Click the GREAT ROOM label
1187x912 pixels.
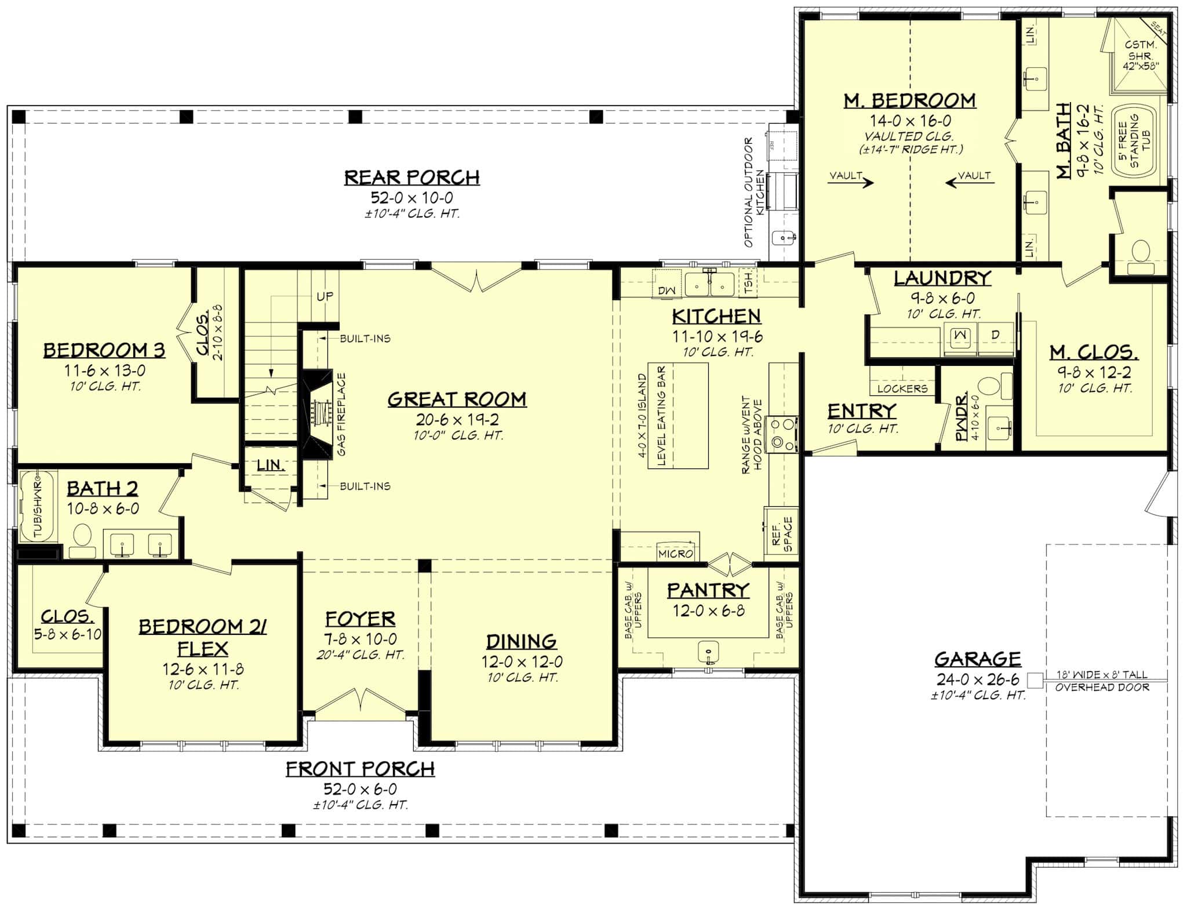[x=457, y=399]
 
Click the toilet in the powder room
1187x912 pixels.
[x=993, y=385]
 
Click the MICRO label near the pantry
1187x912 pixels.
[x=676, y=554]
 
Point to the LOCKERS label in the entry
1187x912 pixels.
[x=902, y=388]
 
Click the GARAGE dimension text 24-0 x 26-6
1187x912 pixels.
[x=978, y=680]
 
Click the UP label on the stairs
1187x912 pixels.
[x=325, y=296]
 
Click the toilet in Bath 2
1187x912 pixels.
[x=82, y=539]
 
